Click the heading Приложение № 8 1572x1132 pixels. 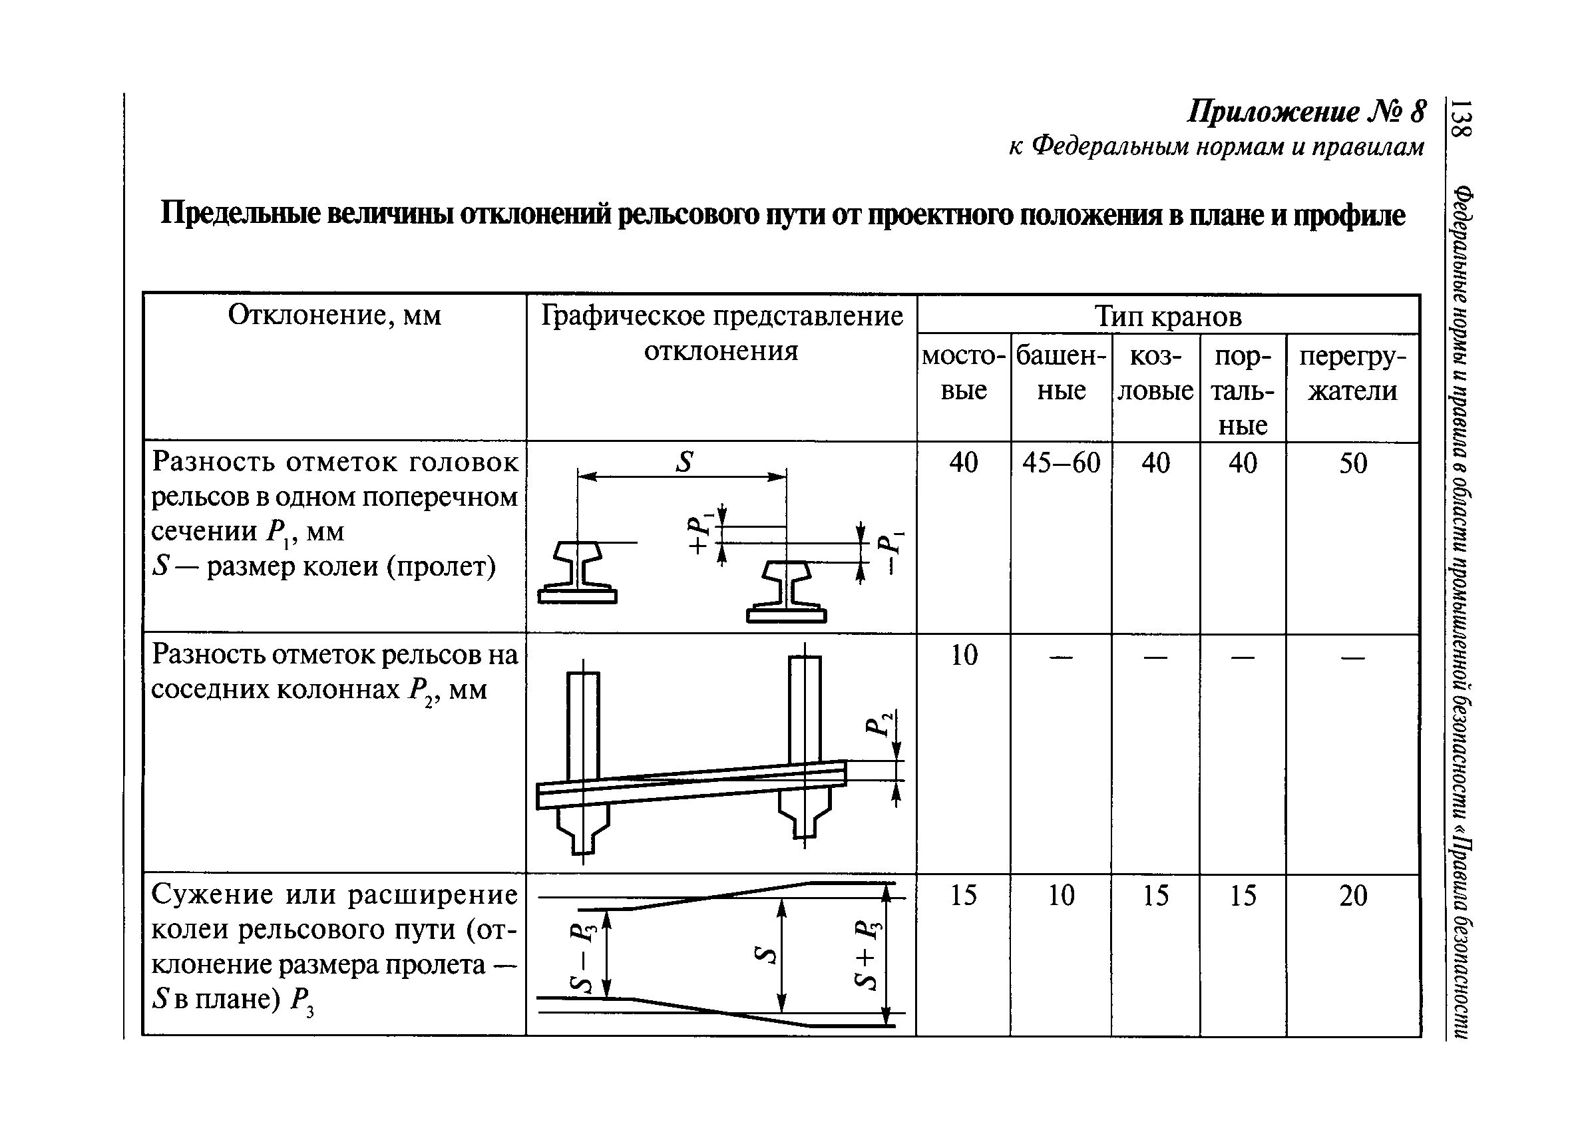pos(1306,112)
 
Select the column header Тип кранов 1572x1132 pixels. pos(1168,316)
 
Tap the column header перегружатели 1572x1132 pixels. pos(1352,373)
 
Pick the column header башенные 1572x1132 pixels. pos(1060,373)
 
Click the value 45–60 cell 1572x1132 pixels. pos(1060,463)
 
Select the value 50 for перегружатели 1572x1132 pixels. pos(1353,463)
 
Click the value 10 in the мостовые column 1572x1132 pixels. pos(964,655)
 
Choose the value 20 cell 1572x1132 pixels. pos(1353,896)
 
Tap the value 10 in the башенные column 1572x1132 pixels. pos(1060,896)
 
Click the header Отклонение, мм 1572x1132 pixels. pos(334,315)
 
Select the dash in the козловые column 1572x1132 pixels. pos(1155,656)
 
